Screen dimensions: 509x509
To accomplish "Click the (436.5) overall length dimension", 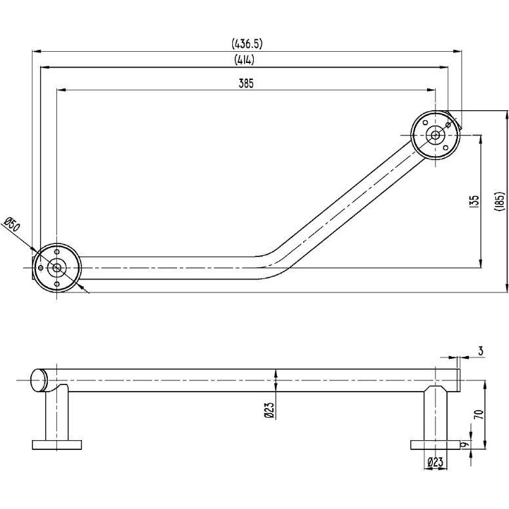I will pyautogui.click(x=247, y=44).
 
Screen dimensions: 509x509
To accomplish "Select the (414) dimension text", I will pyautogui.click(x=244, y=60).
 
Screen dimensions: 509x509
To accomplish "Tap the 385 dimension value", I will pyautogui.click(x=246, y=83).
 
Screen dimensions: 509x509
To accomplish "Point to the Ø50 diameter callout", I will pyautogui.click(x=12, y=225).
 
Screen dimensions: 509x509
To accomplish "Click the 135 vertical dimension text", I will pyautogui.click(x=475, y=201).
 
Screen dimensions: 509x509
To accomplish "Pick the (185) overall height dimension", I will pyautogui.click(x=499, y=201).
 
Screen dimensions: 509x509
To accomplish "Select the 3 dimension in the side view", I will pyautogui.click(x=480, y=352).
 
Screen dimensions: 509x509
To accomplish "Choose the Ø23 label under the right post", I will pyautogui.click(x=435, y=462).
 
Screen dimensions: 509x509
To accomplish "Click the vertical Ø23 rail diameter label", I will pyautogui.click(x=269, y=410).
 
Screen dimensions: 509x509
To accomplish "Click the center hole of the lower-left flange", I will pyautogui.click(x=56, y=268).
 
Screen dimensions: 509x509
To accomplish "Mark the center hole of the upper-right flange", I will pyautogui.click(x=435, y=136).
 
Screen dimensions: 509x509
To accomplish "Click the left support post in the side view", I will pyautogui.click(x=56, y=413).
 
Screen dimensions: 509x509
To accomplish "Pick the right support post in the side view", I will pyautogui.click(x=435, y=413).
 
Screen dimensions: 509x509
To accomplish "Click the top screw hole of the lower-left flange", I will pyautogui.click(x=57, y=252).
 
